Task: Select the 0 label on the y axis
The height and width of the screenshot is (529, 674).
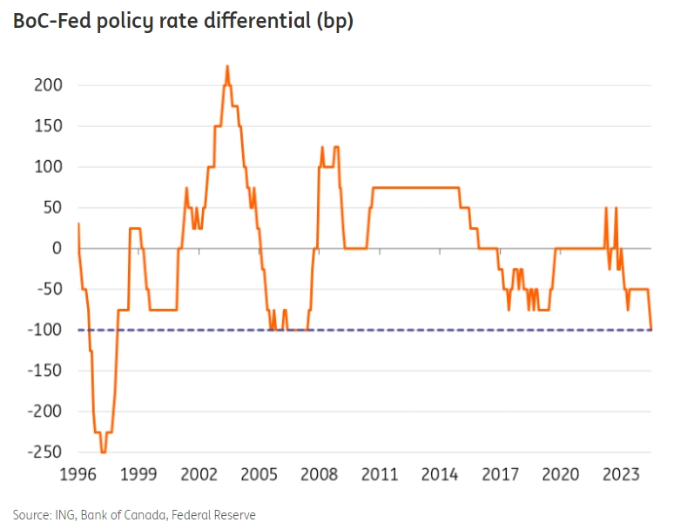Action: [x=55, y=249]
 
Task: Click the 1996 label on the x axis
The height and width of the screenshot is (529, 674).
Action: [x=78, y=475]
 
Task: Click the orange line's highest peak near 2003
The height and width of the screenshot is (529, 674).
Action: [x=227, y=66]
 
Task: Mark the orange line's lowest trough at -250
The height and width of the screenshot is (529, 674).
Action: [x=103, y=452]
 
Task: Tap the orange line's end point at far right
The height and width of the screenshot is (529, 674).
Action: [x=651, y=329]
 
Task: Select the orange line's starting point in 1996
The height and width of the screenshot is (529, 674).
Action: [x=78, y=224]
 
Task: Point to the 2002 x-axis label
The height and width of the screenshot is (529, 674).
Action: [x=199, y=475]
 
